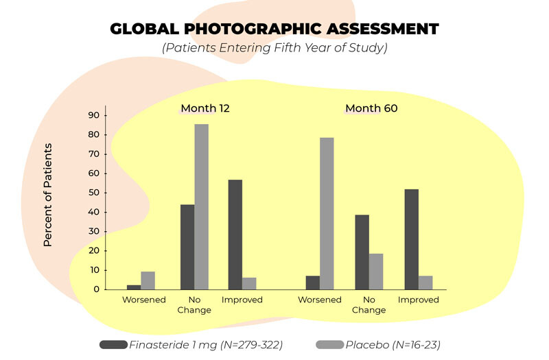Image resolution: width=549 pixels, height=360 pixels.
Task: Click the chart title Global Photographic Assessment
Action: tap(274, 29)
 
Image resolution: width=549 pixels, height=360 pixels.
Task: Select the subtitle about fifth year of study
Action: tap(274, 49)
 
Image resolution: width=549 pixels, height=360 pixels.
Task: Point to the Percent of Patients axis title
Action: tap(48, 195)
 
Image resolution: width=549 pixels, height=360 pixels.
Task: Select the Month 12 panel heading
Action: tap(205, 108)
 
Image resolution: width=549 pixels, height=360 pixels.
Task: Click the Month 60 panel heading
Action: tap(371, 108)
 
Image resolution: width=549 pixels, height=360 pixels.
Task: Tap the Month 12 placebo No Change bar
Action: tap(201, 206)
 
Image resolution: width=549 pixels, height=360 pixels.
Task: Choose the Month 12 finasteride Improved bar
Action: tap(235, 235)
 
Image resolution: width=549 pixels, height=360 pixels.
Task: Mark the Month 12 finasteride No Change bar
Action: tap(187, 247)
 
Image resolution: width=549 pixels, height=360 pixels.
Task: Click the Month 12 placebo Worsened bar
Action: tap(148, 280)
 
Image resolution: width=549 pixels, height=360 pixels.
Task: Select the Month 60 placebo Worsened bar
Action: tap(327, 213)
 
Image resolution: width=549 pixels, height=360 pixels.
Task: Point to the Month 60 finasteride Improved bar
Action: tap(412, 239)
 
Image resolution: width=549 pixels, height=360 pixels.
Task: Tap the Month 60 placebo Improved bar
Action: tap(425, 283)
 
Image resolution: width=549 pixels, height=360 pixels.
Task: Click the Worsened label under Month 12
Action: tap(144, 300)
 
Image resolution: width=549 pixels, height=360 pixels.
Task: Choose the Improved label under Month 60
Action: tap(419, 300)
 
